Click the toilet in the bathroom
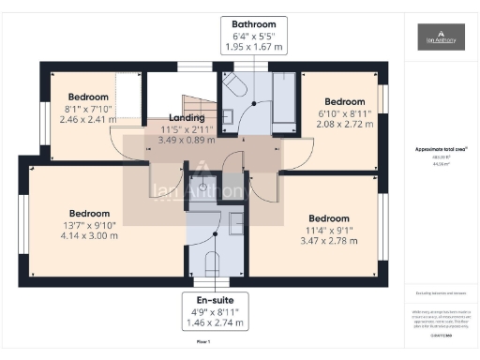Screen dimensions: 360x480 [x=234, y=89]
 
